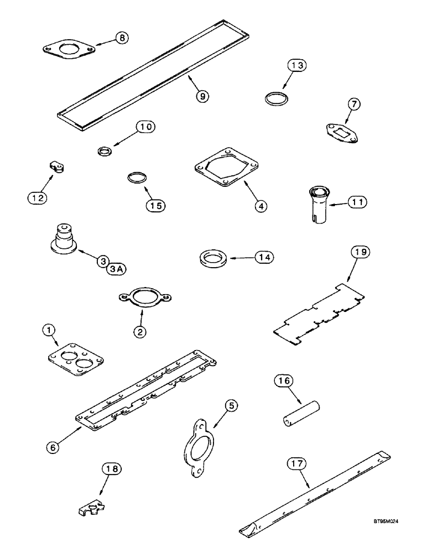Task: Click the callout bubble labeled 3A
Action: [x=117, y=268]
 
